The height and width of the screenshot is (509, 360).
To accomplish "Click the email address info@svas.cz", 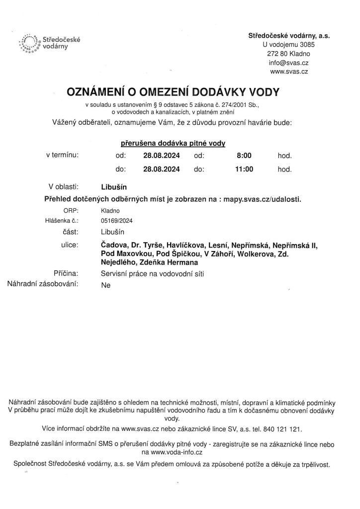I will [289, 63].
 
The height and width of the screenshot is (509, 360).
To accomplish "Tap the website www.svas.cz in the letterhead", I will [289, 72].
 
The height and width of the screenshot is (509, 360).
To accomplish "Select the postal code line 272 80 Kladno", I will [289, 54].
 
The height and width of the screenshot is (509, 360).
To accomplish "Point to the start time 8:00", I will [244, 156].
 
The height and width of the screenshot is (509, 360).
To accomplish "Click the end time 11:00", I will [244, 169].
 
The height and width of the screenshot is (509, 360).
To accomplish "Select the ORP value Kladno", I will [109, 211].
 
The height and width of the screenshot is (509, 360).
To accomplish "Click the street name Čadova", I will [112, 245].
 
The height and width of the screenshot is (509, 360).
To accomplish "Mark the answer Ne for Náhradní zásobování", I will [105, 285].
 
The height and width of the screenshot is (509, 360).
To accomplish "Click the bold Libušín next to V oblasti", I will [114, 187].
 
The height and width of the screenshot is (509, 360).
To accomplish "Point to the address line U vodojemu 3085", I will [289, 45].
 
